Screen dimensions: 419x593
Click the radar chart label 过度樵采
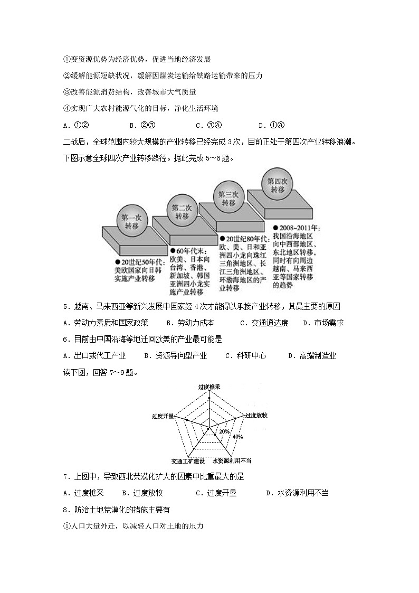(x=209, y=387)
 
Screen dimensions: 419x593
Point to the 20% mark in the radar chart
(x=224, y=431)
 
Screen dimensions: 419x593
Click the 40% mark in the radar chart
(x=237, y=437)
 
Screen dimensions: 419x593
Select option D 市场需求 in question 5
(x=323, y=323)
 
